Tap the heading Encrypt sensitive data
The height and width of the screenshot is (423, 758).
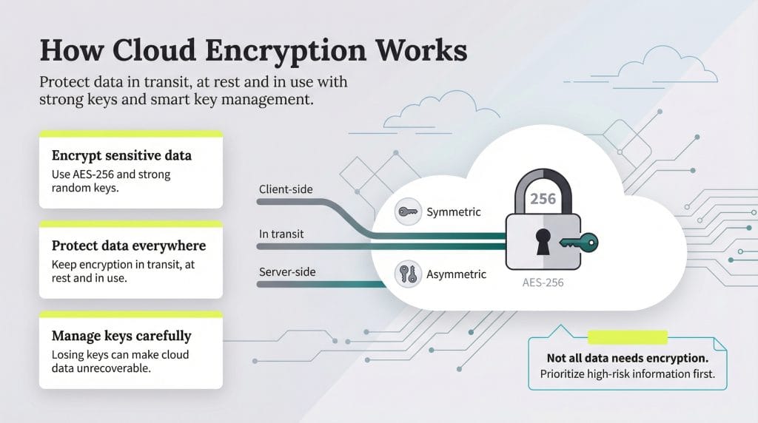click(121, 155)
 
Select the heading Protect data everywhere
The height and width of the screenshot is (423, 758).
click(129, 246)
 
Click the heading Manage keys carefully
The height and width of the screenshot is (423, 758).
click(121, 336)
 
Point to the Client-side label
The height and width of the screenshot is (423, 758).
click(286, 189)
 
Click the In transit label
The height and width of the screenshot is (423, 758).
click(281, 234)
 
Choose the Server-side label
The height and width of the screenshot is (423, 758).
click(287, 272)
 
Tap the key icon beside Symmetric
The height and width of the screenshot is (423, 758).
click(407, 211)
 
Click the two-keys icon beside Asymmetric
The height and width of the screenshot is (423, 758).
click(407, 274)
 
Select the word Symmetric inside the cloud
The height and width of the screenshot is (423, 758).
click(454, 212)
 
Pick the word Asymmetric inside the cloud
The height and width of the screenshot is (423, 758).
click(456, 274)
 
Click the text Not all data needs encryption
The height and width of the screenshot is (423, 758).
click(627, 357)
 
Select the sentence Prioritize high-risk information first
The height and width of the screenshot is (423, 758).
click(627, 374)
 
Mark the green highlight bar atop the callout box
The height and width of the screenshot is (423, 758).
click(627, 337)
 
